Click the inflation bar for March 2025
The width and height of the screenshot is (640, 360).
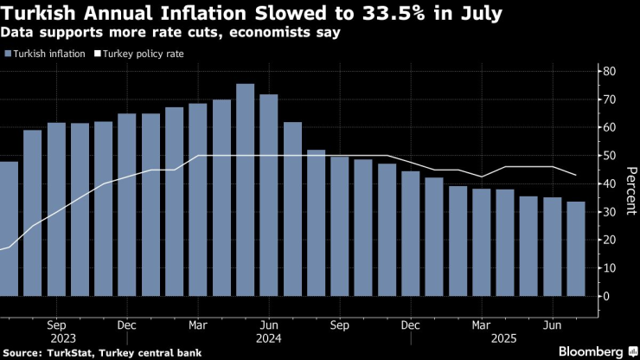[x=482, y=242]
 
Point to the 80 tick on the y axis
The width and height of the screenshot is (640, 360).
[x=610, y=71]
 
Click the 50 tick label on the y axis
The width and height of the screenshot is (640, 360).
[x=610, y=156]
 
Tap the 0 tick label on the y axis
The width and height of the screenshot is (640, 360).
[x=607, y=296]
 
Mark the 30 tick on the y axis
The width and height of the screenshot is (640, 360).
[x=610, y=212]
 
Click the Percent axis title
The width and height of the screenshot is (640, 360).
[x=630, y=183]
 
